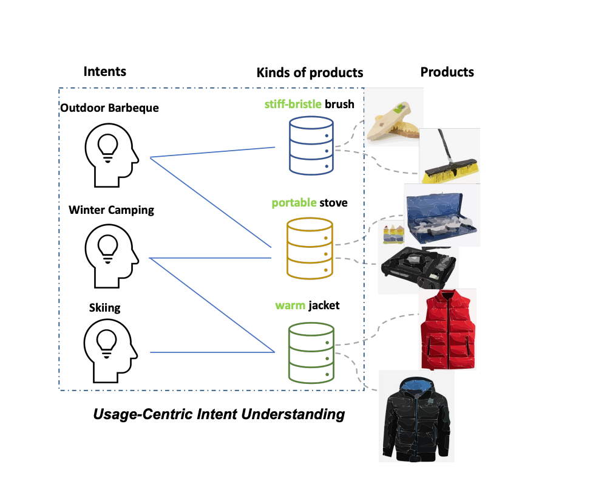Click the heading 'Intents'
104,71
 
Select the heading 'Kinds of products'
310,73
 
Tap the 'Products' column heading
447,72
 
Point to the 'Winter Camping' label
111,210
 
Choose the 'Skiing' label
104,307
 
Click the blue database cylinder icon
311,146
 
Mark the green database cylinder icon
311,353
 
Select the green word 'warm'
290,306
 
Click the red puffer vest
448,329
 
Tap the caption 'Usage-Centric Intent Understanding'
219,415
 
